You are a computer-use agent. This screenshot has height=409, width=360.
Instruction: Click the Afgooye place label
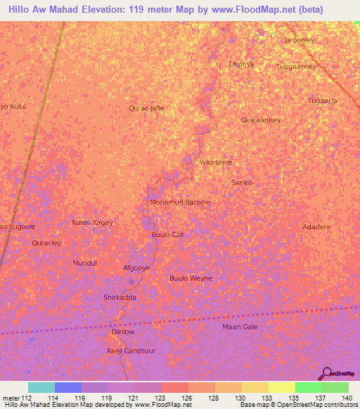(136, 268)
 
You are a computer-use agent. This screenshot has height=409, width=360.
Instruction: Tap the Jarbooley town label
(299, 40)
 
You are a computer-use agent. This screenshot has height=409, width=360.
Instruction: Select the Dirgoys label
(241, 64)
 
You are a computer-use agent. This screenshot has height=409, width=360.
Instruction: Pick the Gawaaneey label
(260, 120)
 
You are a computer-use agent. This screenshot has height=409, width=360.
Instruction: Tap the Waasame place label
(216, 162)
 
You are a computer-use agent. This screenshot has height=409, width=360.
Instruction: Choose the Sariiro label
(241, 183)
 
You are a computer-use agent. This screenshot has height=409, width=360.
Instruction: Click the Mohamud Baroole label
(180, 202)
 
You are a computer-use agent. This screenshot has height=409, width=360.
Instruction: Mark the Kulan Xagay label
(92, 222)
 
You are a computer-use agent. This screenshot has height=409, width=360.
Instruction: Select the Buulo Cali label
(167, 234)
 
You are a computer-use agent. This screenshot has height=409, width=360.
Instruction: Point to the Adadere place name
(316, 228)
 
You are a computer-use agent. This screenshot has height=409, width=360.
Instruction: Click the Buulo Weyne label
(191, 278)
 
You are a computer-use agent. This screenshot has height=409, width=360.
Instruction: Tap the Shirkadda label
(120, 297)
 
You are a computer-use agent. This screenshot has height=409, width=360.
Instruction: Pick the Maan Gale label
(240, 327)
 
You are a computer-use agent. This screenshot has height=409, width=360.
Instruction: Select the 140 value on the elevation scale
(346, 398)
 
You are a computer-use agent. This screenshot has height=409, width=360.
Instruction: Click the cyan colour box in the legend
(41, 387)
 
